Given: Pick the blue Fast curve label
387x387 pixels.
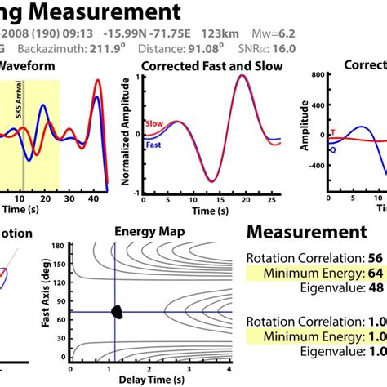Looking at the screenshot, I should click(154, 144).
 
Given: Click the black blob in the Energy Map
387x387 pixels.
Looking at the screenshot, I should click(119, 311).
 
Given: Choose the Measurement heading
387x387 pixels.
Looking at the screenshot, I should click(306, 232).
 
